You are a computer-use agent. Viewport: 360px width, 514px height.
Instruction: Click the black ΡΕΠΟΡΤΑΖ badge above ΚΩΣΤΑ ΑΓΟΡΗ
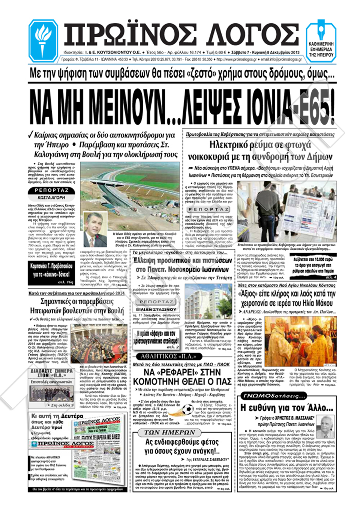(51, 190)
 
